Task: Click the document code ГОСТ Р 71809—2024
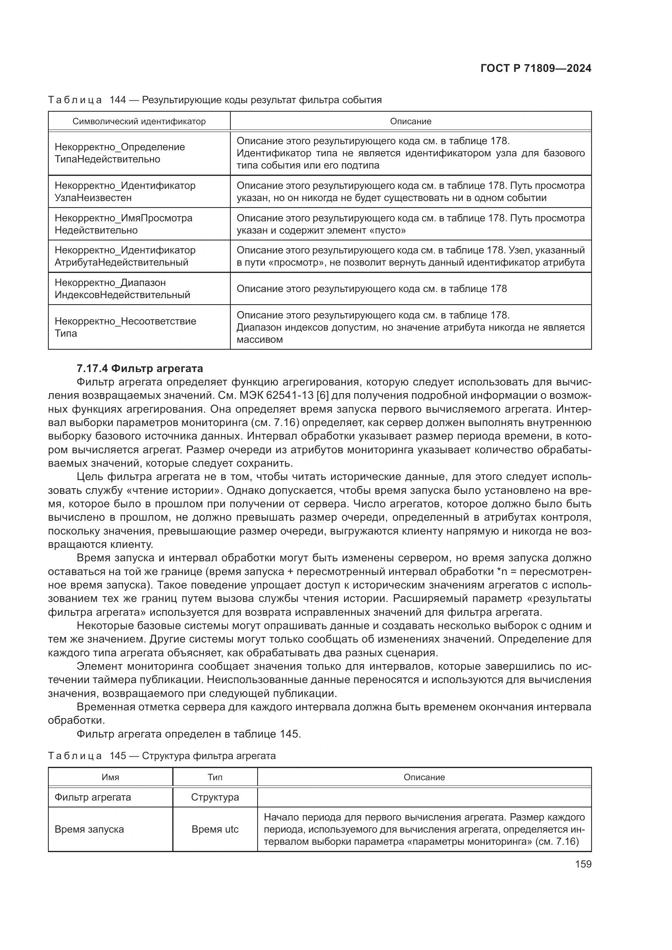click(535, 69)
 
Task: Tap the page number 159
click(583, 864)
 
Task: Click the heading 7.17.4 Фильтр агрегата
click(140, 368)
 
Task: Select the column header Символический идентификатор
click(139, 121)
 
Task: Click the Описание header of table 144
click(410, 121)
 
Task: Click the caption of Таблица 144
click(215, 100)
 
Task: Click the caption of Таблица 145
click(162, 756)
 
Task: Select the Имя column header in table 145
click(111, 777)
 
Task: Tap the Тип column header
click(215, 777)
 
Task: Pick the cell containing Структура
click(215, 797)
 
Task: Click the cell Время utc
click(215, 829)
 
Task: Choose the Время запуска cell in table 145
click(89, 829)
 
